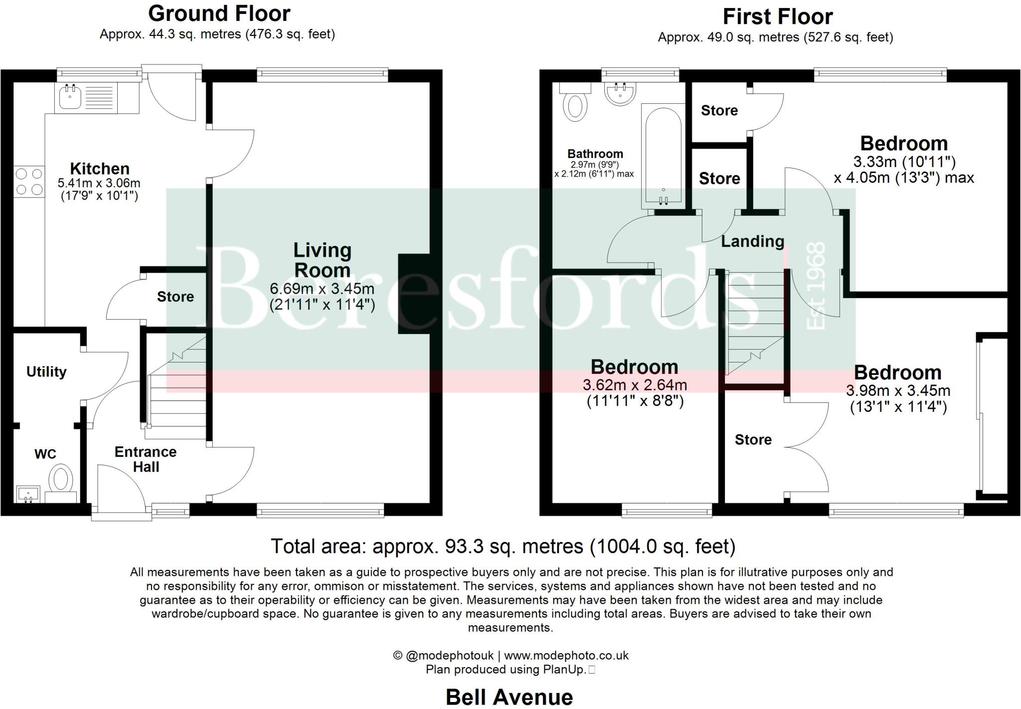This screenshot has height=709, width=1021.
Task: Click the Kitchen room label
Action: click(x=99, y=169)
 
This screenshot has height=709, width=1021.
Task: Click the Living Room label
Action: click(x=322, y=260)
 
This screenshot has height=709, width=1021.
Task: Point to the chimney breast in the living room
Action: click(x=413, y=294)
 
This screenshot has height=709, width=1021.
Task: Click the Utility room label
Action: click(x=46, y=371)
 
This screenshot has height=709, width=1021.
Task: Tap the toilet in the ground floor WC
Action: click(x=62, y=479)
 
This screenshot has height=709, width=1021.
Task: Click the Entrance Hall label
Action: click(x=146, y=459)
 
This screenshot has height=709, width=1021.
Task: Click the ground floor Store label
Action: click(x=175, y=297)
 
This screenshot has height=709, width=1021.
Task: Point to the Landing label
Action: click(x=752, y=241)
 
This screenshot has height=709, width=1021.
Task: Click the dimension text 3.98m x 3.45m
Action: click(x=898, y=390)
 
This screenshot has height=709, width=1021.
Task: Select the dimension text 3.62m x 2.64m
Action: click(x=635, y=385)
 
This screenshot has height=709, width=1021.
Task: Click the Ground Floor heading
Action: click(x=219, y=13)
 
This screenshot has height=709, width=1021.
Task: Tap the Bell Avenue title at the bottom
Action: click(x=509, y=697)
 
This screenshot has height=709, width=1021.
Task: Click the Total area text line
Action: click(x=503, y=546)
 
